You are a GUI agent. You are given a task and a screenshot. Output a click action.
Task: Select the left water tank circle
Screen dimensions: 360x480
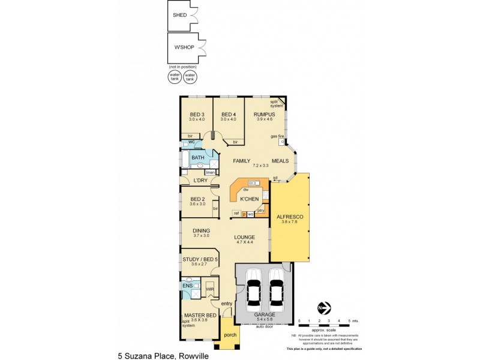click(x=175, y=77)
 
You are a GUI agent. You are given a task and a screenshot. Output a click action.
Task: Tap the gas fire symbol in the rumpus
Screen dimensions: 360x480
click(x=281, y=142)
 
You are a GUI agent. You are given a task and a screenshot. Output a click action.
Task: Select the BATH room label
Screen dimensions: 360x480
click(x=197, y=158)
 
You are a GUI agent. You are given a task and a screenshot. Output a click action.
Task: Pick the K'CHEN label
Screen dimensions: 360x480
click(x=248, y=199)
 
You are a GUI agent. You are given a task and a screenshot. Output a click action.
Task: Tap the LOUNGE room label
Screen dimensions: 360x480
click(x=245, y=237)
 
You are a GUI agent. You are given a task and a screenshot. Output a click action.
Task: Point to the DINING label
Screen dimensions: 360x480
click(x=201, y=230)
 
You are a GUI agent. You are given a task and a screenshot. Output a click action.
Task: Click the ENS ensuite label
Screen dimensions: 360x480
click(x=188, y=286)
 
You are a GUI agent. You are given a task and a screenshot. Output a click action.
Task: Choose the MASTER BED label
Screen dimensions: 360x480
click(x=200, y=315)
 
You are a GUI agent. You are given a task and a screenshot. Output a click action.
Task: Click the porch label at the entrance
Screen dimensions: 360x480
click(x=230, y=335)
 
